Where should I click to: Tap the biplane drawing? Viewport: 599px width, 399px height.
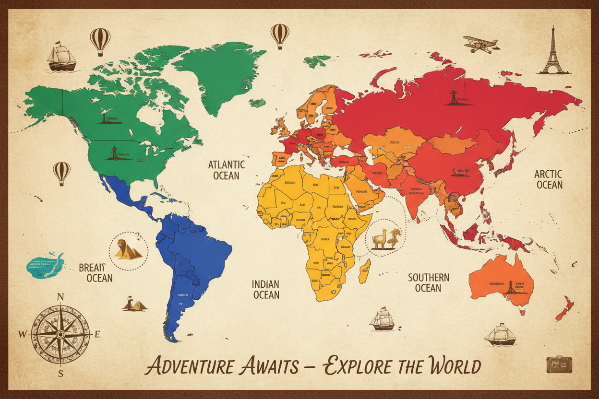(480, 44)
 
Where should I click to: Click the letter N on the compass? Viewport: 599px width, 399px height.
(60, 296)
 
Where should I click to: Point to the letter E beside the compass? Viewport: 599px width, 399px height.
(97, 334)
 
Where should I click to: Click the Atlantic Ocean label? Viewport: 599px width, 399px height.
(227, 170)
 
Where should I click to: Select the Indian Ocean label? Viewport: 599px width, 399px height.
(265, 289)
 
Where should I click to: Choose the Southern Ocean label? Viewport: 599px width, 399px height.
(428, 282)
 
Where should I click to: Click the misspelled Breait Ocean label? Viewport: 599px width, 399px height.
(96, 272)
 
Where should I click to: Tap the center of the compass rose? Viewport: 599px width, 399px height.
(60, 334)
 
